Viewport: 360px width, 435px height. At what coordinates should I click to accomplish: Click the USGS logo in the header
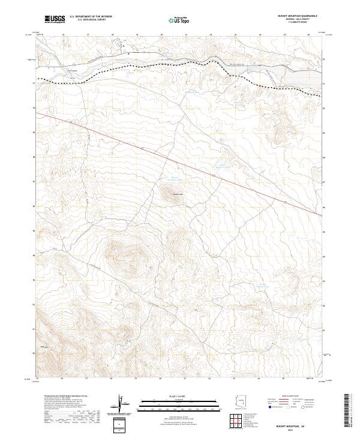point(55,19)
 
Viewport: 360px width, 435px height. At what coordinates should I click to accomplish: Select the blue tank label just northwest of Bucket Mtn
point(173,178)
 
